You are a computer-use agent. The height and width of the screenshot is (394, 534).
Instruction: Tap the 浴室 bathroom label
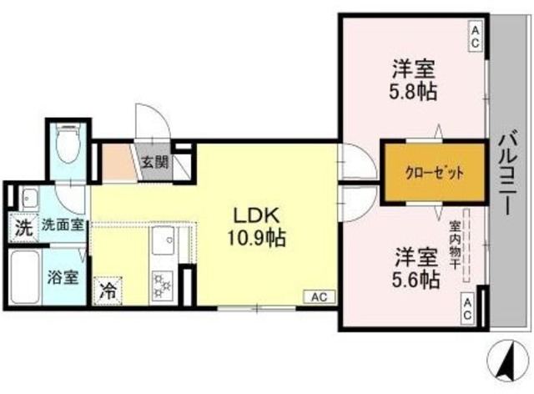63,276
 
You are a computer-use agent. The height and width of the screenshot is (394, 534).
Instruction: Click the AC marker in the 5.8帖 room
474,36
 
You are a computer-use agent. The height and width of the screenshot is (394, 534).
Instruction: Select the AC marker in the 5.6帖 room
467,308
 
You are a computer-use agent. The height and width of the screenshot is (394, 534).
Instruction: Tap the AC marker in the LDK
320,296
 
